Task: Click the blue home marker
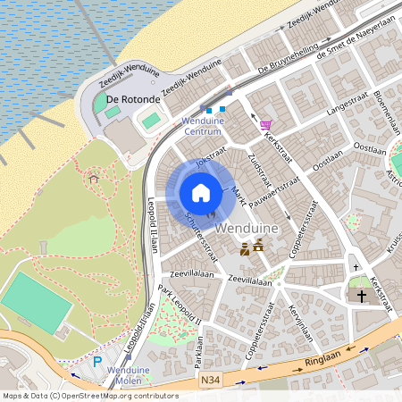tap(201, 192)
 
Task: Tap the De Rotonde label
tap(125, 98)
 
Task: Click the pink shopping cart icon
tap(265, 124)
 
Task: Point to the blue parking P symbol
tap(97, 363)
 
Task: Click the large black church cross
tap(362, 295)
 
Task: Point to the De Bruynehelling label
tap(288, 57)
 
